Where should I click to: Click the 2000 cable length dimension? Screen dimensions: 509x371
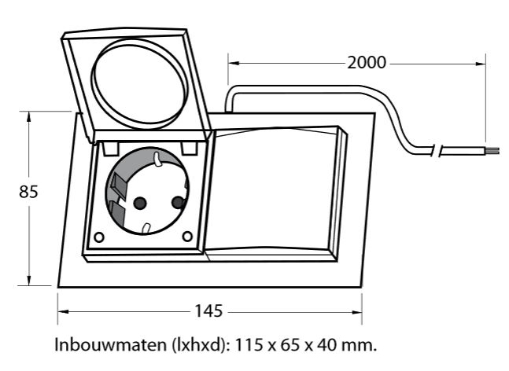click(367, 63)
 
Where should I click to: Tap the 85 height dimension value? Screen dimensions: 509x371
click(28, 192)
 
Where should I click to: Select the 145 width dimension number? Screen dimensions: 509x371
click(208, 311)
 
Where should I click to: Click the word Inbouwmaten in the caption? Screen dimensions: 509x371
click(110, 344)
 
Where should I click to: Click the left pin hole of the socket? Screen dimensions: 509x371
click(140, 203)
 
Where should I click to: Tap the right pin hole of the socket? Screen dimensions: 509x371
click(178, 203)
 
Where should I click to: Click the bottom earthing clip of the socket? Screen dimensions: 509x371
click(147, 228)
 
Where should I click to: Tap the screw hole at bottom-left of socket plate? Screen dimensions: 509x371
click(98, 237)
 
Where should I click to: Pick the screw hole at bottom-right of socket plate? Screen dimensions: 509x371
click(187, 236)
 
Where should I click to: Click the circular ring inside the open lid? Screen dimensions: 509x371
click(139, 82)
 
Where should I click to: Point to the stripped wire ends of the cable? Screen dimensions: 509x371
click(492, 151)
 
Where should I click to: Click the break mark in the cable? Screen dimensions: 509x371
click(437, 150)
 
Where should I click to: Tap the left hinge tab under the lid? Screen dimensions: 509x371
click(110, 148)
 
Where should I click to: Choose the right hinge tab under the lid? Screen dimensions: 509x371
click(189, 148)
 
